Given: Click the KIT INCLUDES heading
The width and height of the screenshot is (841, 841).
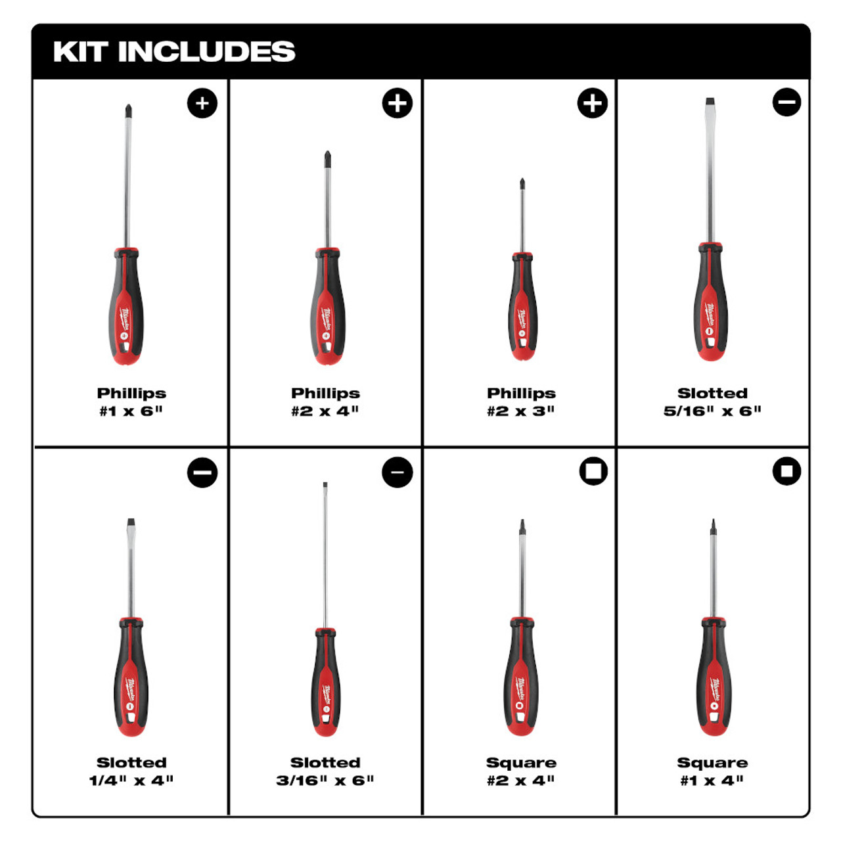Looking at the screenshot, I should [174, 52].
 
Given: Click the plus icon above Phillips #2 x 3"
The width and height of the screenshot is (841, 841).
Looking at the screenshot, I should [592, 103].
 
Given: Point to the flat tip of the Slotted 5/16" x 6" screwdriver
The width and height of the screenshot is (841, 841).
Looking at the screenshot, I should [710, 102].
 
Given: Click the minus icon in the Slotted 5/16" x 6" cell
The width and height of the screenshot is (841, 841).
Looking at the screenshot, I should [786, 102].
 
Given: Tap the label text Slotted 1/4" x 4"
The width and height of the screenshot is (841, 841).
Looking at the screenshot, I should [131, 771].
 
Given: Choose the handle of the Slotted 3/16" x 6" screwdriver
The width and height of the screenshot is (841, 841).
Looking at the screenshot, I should [325, 683].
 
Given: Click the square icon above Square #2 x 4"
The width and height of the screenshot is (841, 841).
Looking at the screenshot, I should [593, 471].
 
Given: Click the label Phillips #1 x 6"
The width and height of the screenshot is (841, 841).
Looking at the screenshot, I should [131, 401].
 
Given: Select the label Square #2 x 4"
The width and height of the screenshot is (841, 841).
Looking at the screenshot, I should [521, 771].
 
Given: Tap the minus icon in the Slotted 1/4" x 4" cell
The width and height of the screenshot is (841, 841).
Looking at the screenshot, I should [202, 472].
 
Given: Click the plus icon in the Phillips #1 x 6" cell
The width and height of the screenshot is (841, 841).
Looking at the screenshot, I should [202, 103].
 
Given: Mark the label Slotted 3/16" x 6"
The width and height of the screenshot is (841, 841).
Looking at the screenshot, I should [325, 771].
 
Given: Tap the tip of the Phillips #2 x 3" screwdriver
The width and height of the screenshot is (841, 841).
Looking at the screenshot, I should [522, 183].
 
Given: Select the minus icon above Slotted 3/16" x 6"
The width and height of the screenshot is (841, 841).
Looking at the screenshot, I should [397, 472].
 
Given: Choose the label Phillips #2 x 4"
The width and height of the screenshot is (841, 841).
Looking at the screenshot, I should [326, 401].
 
